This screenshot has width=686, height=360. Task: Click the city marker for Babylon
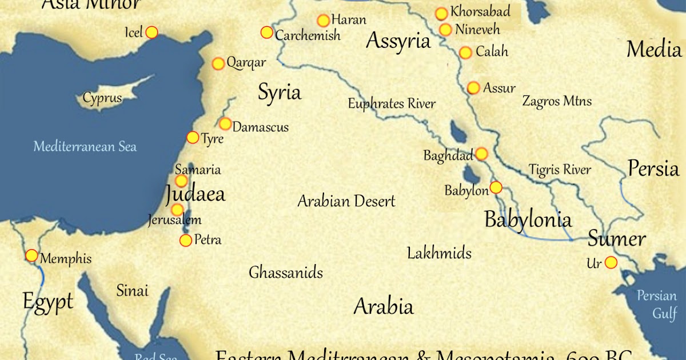(496, 187)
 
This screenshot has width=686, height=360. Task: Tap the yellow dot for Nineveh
(445, 30)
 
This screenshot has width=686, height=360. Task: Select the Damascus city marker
(225, 124)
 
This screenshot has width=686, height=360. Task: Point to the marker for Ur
(611, 262)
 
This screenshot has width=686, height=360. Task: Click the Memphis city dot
(32, 255)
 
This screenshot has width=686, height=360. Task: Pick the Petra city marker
(186, 241)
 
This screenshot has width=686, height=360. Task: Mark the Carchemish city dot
(267, 33)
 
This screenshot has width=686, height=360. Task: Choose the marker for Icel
(151, 33)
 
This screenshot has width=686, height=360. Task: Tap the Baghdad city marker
(481, 154)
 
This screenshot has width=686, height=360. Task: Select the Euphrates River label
(392, 104)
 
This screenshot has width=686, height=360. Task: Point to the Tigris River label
(560, 170)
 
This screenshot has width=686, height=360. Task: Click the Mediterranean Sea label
(85, 147)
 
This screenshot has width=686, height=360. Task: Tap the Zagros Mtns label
(557, 102)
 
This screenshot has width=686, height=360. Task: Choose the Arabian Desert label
(346, 201)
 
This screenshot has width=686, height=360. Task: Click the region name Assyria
(398, 41)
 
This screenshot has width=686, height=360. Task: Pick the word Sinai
(132, 290)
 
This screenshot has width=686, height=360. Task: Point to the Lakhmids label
(439, 253)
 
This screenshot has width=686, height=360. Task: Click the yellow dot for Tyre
(193, 138)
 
